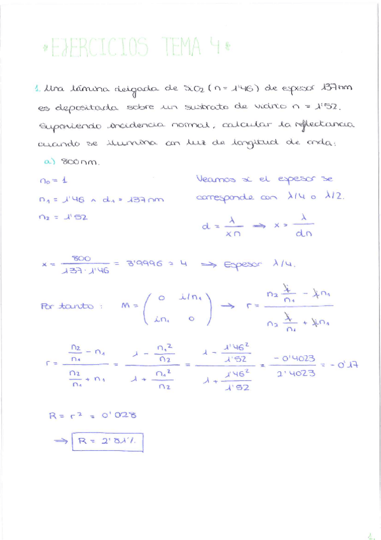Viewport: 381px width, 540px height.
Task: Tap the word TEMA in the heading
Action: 182,46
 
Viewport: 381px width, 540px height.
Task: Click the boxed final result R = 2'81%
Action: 108,441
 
